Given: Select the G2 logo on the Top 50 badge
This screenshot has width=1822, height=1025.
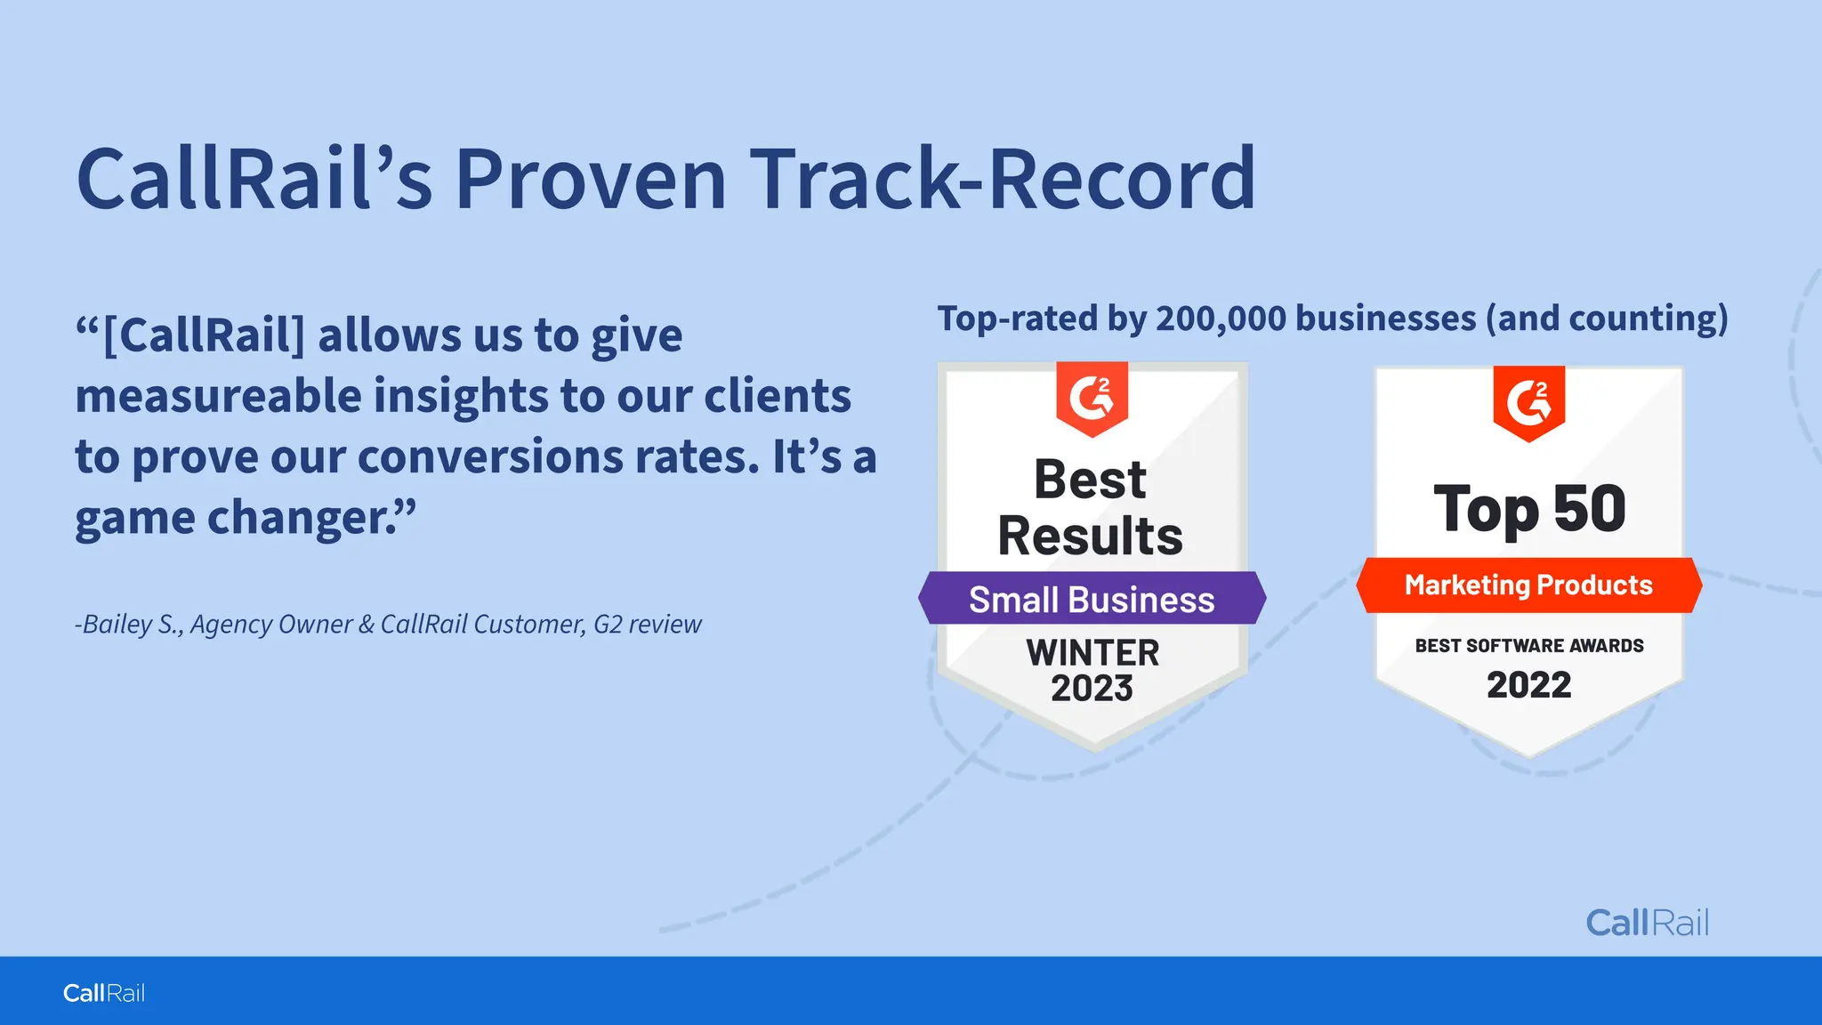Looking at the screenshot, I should click(x=1528, y=401).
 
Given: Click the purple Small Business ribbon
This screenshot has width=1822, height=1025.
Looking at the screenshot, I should click(x=1092, y=599).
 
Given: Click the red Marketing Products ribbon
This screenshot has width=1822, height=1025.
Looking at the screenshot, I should click(x=1528, y=585).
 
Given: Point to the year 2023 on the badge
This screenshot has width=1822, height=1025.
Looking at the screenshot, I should click(x=1092, y=688).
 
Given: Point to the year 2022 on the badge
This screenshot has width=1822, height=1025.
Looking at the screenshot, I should click(x=1528, y=684).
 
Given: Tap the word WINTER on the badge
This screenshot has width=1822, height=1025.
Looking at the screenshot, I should click(x=1092, y=652).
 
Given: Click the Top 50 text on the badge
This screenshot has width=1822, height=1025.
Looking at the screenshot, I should click(x=1529, y=509).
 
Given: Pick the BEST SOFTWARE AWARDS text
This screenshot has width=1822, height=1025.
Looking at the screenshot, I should click(x=1528, y=645).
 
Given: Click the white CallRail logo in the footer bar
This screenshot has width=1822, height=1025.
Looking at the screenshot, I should click(x=103, y=993).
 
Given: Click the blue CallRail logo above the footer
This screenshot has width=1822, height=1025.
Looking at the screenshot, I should click(x=1647, y=923).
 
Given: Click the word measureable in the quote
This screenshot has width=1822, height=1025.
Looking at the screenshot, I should click(x=218, y=396).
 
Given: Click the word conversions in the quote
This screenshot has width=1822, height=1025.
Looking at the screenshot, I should click(x=488, y=456).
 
